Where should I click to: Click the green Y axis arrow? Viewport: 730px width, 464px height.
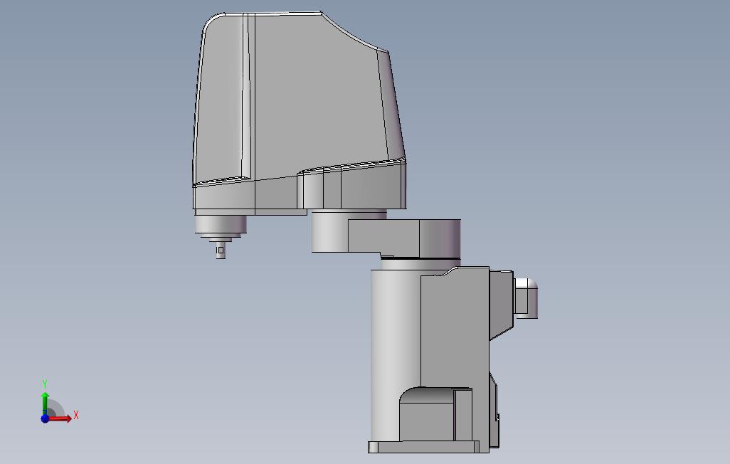pyautogui.click(x=45, y=403)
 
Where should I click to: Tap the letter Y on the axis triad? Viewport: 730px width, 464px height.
pyautogui.click(x=45, y=384)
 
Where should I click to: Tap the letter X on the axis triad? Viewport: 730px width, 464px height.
pyautogui.click(x=76, y=415)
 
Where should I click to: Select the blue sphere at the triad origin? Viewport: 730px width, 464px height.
pyautogui.click(x=45, y=418)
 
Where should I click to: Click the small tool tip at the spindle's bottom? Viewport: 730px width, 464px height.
pyautogui.click(x=221, y=251)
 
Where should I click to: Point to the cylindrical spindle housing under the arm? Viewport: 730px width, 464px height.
pyautogui.click(x=221, y=225)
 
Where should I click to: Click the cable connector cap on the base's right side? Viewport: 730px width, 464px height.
pyautogui.click(x=526, y=298)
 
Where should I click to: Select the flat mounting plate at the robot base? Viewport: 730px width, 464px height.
pyautogui.click(x=423, y=447)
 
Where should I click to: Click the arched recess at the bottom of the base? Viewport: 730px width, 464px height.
pyautogui.click(x=435, y=413)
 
